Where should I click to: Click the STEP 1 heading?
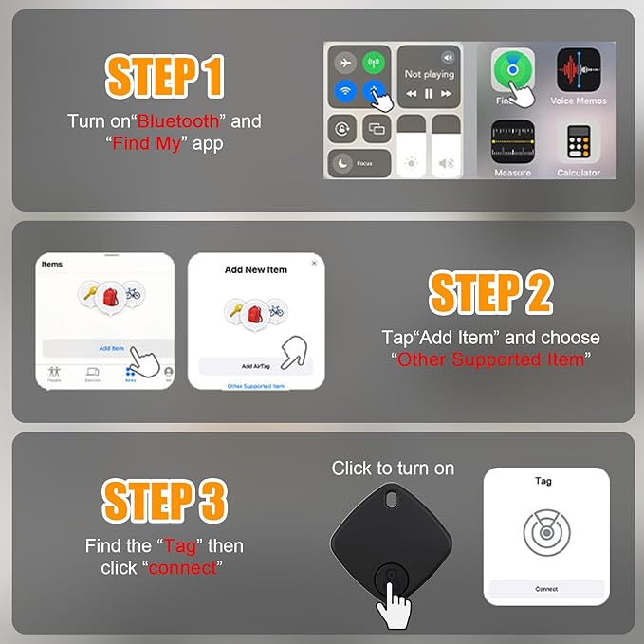[x=164, y=76]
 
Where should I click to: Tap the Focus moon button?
[x=342, y=163]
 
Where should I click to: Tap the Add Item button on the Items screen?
[x=111, y=348]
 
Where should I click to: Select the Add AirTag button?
[x=256, y=366]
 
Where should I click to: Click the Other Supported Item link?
[x=256, y=386]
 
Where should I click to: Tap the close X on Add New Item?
[x=314, y=263]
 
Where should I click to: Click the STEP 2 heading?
[x=490, y=294]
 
